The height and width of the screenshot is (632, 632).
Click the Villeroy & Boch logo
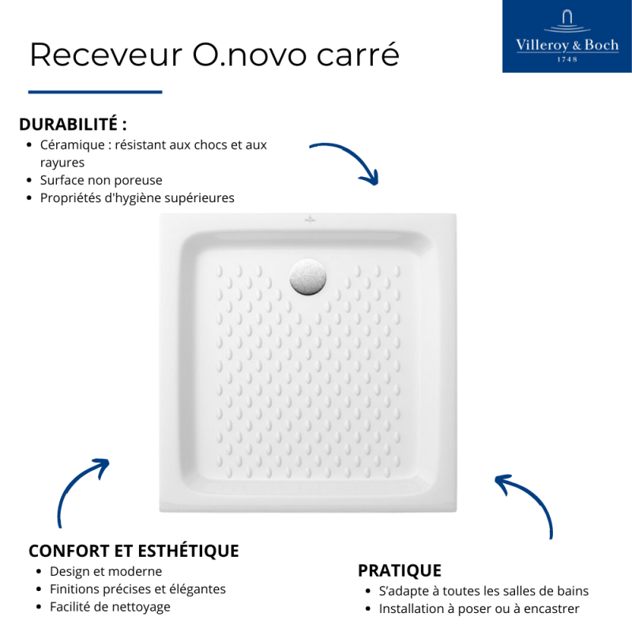(566, 36)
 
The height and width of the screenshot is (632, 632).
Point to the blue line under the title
(95, 92)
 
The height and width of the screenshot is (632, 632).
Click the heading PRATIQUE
(399, 570)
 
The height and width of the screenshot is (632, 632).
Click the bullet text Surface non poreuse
(101, 180)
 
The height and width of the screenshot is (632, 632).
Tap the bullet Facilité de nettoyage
(110, 607)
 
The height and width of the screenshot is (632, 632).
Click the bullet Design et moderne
(106, 571)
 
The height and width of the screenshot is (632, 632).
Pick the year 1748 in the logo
(567, 59)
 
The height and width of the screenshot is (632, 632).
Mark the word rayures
(62, 163)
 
